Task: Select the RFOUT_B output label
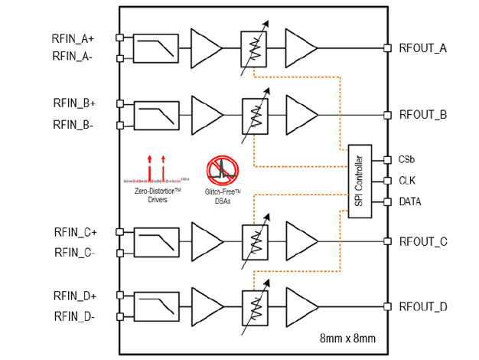coord(423,116)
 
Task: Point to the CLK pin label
coord(406,181)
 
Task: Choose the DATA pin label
coord(409,202)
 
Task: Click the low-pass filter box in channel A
coord(155,48)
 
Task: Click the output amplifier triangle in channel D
coord(301,306)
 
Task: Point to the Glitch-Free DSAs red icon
coord(223,170)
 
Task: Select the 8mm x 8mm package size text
coord(347,338)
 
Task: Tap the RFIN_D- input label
coord(73,316)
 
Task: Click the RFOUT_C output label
coord(423,241)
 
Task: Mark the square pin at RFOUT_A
coord(388,48)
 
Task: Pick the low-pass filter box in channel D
coord(155,306)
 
